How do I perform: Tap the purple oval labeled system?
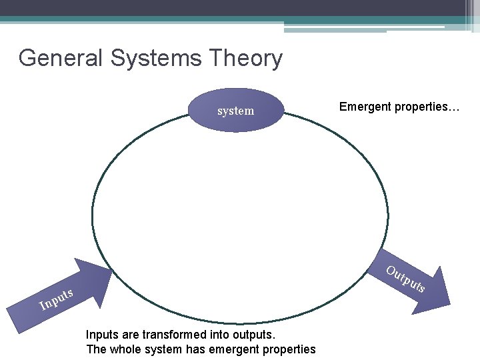pos(236,110)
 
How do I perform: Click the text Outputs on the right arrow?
pos(405,279)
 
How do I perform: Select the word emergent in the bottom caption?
pos(235,349)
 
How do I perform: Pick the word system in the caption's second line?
pos(163,349)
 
